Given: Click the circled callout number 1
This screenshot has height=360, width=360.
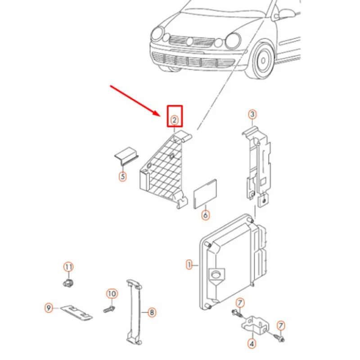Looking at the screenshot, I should coord(189,264).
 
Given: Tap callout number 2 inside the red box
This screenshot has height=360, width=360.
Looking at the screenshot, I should coord(174,120).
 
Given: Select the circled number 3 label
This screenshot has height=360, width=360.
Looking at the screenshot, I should coord(252,115).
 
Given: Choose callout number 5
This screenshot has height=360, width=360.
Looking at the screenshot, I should coord(122,176).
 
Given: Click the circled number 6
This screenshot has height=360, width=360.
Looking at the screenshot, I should coord(205,215).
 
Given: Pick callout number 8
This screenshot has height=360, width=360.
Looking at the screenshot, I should coord(152,311).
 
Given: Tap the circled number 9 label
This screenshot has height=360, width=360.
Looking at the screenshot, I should coord(49,308).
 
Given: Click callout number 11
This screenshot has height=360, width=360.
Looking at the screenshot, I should coord(67,267).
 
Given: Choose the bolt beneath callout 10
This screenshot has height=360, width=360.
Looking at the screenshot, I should coord(108,310).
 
